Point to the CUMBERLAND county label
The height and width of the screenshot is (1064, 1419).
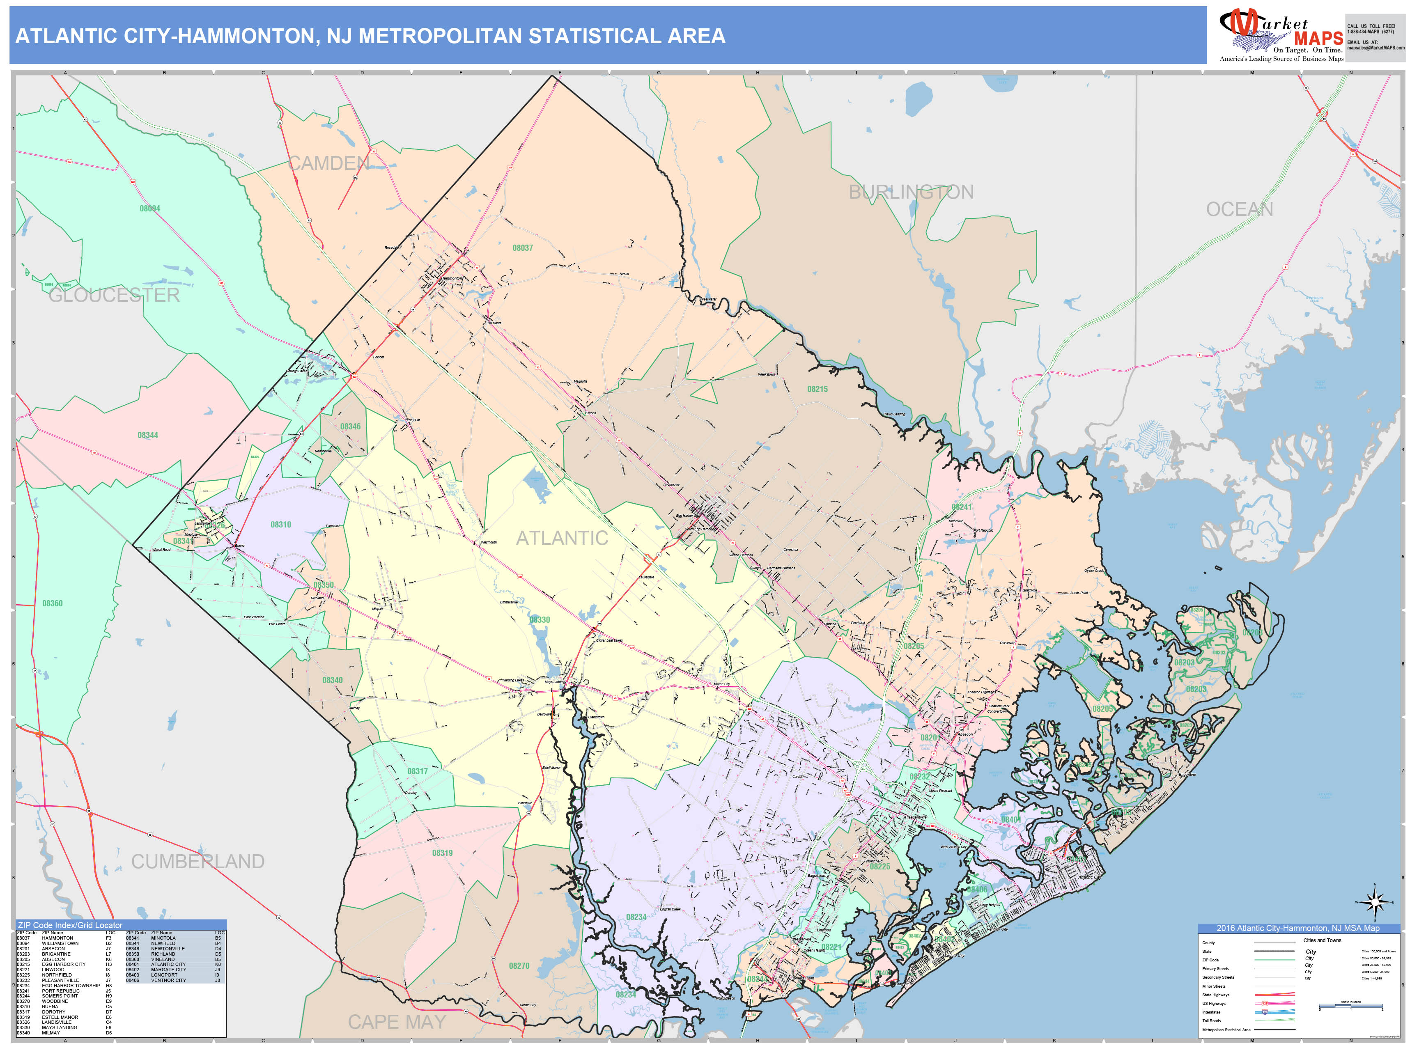tap(197, 861)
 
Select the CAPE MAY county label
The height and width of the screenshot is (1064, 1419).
tap(397, 1022)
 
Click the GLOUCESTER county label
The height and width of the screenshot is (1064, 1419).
tap(114, 295)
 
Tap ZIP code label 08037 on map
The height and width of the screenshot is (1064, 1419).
tap(522, 248)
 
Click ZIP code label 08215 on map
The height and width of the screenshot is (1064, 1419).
tap(817, 389)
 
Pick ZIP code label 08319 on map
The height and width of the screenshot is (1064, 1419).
tap(442, 853)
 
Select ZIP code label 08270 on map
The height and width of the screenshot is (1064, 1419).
tap(519, 966)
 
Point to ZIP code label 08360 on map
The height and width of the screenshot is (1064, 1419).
tap(53, 603)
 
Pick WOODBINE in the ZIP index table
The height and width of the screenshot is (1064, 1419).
tap(55, 1001)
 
